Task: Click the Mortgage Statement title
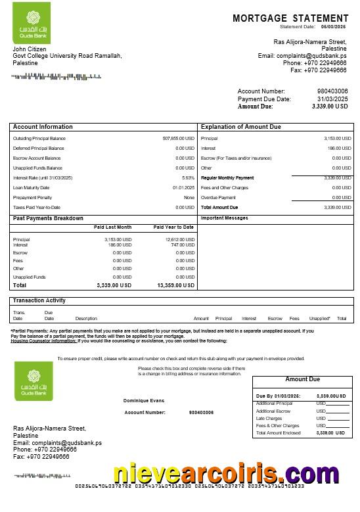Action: [x=290, y=18]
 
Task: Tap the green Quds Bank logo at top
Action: [x=32, y=27]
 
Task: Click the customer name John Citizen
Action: [x=28, y=49]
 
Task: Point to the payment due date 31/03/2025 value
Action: [x=332, y=99]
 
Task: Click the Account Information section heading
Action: [x=43, y=127]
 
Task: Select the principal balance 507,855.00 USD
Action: [x=178, y=139]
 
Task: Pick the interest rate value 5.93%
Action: [x=188, y=178]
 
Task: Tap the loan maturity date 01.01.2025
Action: [x=183, y=188]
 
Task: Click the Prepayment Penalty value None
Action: [x=189, y=198]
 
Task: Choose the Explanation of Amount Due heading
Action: [x=240, y=127]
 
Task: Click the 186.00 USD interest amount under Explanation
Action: [x=338, y=149]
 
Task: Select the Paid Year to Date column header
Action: [x=173, y=227]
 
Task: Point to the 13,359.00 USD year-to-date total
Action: [x=175, y=286]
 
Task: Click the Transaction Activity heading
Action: [x=39, y=300]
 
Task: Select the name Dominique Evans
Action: [x=143, y=400]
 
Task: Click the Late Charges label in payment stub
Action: [x=269, y=418]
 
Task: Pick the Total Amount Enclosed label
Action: [x=278, y=433]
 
